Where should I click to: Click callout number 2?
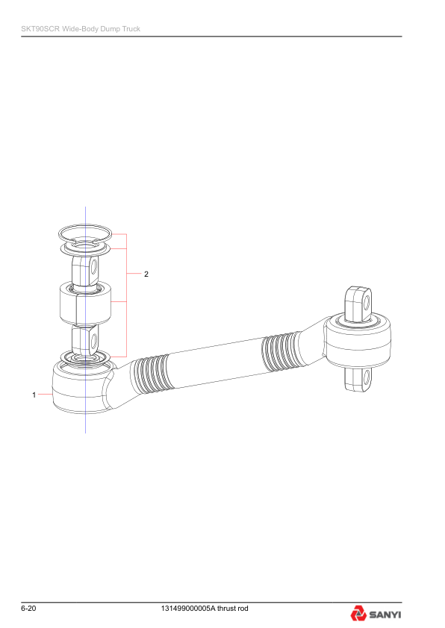coord(146,274)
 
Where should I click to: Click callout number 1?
coord(34,395)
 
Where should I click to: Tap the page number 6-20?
coord(28,609)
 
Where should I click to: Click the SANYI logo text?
coord(385,615)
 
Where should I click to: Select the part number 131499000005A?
coord(188,609)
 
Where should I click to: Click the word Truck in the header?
coord(131,29)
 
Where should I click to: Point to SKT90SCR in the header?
coord(40,29)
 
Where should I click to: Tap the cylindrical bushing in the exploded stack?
coord(85,303)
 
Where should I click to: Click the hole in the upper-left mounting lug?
coord(94,267)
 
